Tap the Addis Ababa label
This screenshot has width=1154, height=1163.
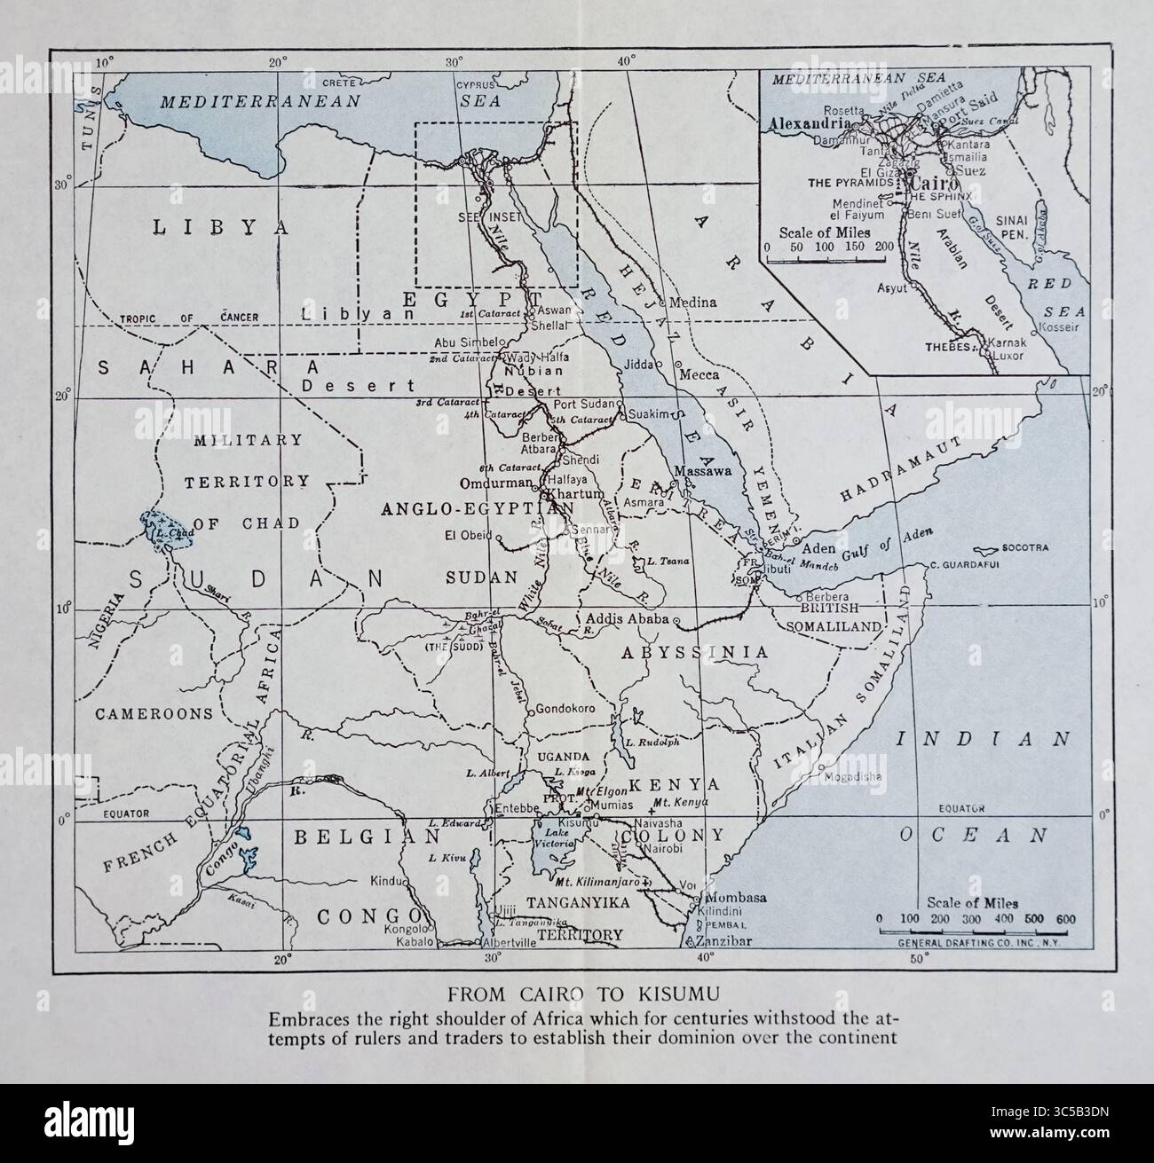(x=626, y=618)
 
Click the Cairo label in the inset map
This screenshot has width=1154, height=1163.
(x=928, y=182)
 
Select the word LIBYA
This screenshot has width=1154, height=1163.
(x=221, y=227)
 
